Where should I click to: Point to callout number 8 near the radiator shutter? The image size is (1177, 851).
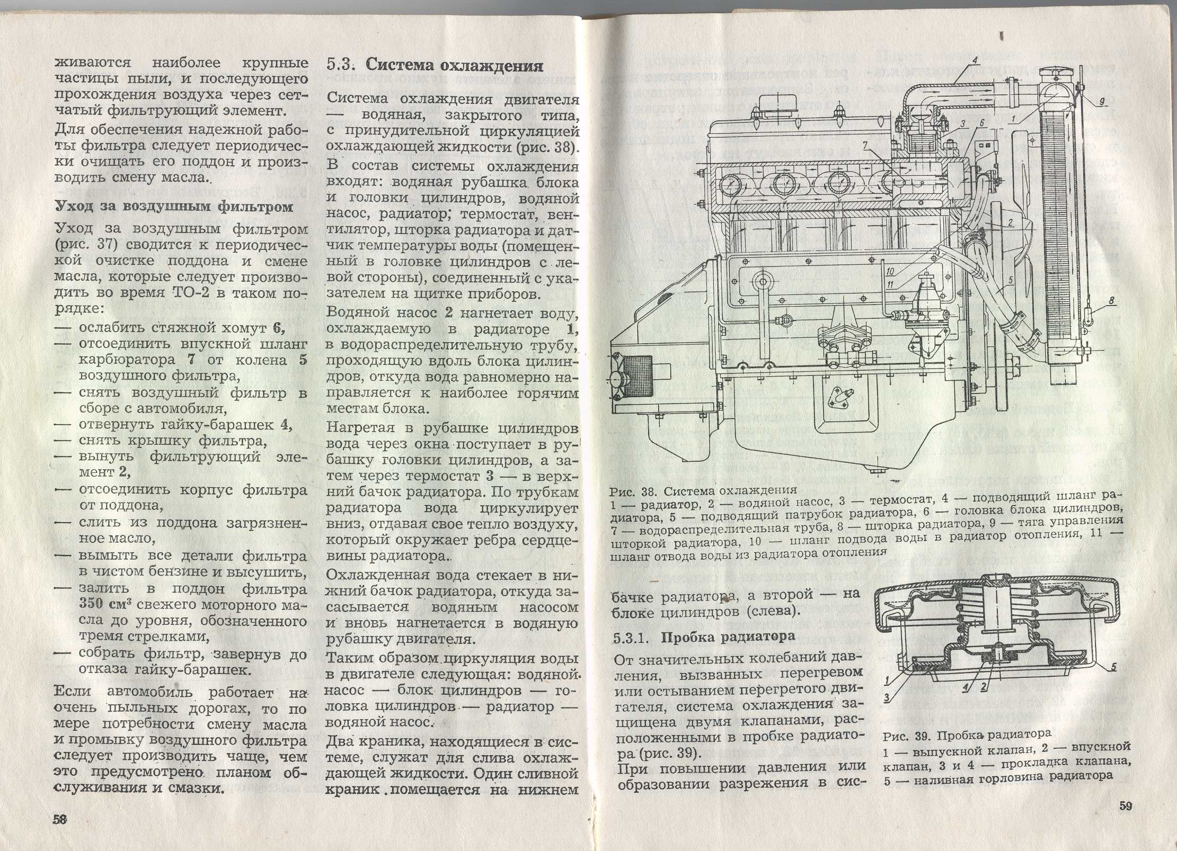[1112, 301]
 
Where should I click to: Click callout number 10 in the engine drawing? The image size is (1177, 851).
[891, 271]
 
